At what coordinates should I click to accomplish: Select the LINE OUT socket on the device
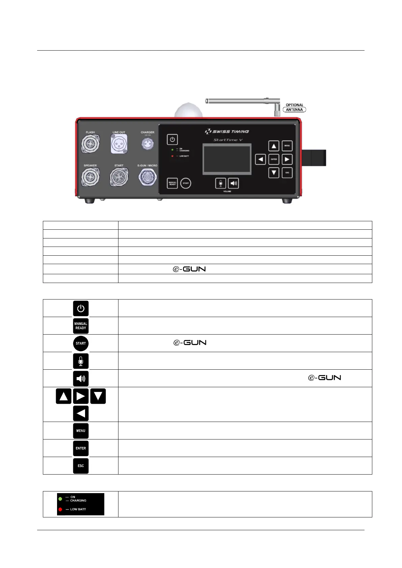tap(119, 144)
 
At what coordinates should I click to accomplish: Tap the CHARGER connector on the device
tap(148, 143)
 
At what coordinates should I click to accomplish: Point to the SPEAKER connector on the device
tap(90, 177)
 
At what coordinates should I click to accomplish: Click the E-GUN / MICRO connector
tap(148, 177)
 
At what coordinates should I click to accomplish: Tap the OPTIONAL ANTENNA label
tap(294, 107)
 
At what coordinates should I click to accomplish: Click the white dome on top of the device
tap(188, 111)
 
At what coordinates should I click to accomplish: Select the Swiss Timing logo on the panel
tap(227, 131)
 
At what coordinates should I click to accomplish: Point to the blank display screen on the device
tap(227, 159)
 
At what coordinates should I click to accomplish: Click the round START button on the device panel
tap(186, 183)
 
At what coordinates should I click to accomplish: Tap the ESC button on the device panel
tap(287, 173)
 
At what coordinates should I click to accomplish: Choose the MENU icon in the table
tap(81, 431)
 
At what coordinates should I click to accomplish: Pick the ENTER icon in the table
tap(81, 448)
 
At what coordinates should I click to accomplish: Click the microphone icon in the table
tap(81, 361)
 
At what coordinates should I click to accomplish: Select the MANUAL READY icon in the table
tap(81, 326)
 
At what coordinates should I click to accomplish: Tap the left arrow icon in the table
tap(81, 413)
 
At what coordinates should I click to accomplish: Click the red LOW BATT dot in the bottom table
tap(60, 509)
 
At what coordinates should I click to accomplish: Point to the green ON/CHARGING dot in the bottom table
tap(60, 499)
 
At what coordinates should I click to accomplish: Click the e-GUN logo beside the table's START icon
tap(190, 343)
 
